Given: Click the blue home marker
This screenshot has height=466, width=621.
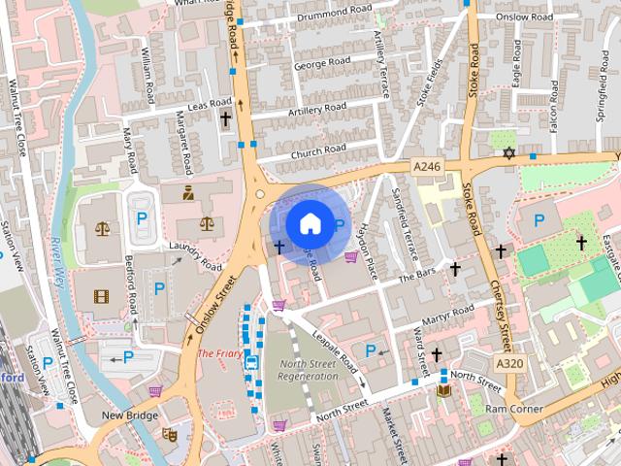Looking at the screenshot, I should pos(309,222).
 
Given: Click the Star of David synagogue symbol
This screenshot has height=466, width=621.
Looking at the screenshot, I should pos(507,153).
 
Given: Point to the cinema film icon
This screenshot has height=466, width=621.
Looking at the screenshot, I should pos(102,295).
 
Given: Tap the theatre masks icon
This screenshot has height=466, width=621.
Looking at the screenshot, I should pos(168,434).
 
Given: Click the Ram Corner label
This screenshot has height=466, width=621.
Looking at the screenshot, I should pos(514,410).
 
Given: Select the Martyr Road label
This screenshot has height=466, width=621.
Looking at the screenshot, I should pos(447,315).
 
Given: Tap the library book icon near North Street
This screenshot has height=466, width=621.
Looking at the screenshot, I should pos(444,390).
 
